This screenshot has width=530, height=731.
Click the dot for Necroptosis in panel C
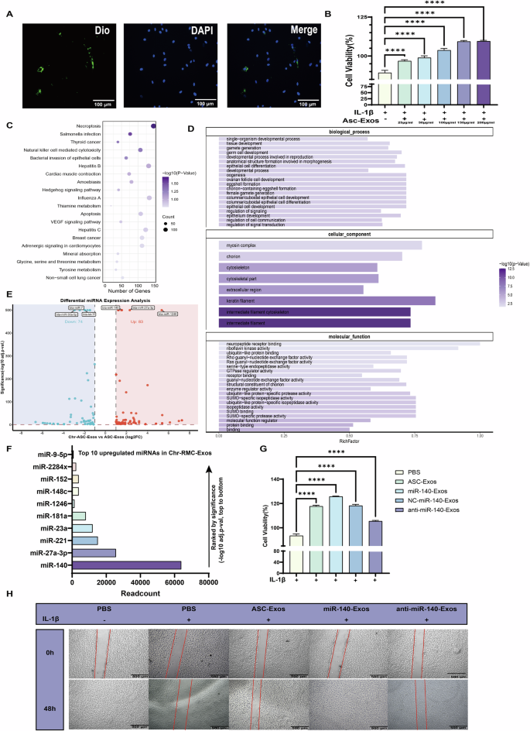(x=153, y=125)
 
